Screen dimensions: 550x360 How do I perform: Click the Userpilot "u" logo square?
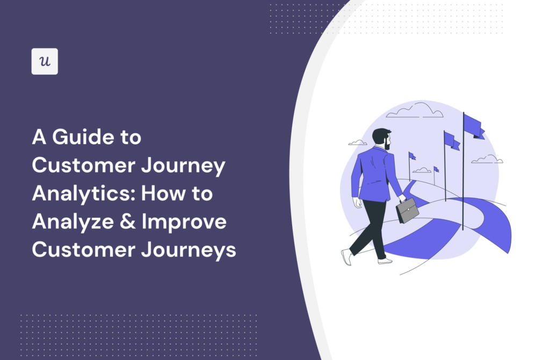pos(45,61)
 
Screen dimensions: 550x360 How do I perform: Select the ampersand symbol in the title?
pos(128,221)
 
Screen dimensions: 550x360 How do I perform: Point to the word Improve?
pos(184,222)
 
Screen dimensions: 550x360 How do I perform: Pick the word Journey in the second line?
pos(183,166)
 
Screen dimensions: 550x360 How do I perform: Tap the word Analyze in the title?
pos(73,222)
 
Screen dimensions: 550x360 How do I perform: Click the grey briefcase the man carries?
pos(407,211)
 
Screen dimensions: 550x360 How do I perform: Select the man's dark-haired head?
pos(382,138)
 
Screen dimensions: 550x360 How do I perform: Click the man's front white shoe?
pos(385,261)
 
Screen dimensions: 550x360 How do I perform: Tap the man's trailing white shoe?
pos(346,257)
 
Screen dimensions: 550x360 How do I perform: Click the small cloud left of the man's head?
pos(357,142)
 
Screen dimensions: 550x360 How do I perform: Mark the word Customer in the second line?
pos(83,165)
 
